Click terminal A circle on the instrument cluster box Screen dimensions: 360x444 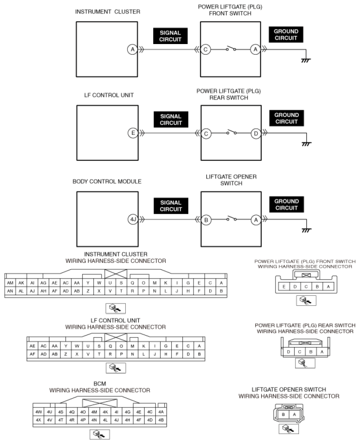(132, 50)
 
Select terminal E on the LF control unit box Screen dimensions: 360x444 (133, 133)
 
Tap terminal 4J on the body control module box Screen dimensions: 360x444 (133, 219)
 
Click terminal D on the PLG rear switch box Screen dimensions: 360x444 (256, 133)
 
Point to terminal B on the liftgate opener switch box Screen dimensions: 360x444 (206, 220)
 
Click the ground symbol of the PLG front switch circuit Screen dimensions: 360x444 (306, 60)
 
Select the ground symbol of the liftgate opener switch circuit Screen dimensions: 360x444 (307, 230)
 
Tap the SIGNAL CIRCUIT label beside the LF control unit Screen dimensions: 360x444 (171, 120)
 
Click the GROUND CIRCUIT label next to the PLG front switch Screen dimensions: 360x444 (286, 35)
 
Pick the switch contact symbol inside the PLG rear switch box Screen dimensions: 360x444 (231, 132)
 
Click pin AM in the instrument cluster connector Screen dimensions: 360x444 (10, 283)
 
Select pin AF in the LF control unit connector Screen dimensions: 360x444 (32, 354)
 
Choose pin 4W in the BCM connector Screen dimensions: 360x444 (39, 412)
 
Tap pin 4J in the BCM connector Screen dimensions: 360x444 (116, 420)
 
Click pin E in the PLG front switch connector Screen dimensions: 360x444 (284, 286)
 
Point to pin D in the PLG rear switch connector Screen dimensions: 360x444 (289, 352)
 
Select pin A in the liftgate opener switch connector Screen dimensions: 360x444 (294, 414)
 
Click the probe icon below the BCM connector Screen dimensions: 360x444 (100, 434)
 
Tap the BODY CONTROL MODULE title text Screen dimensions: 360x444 (107, 182)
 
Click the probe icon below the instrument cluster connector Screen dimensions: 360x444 (116, 308)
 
